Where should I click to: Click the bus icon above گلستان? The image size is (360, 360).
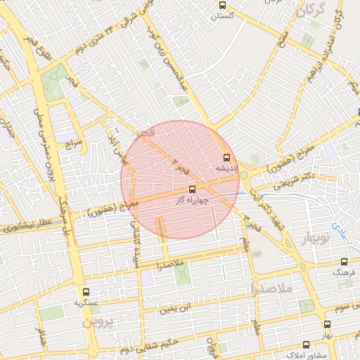click(223, 4)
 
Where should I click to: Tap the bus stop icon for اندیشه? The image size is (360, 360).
click(226, 158)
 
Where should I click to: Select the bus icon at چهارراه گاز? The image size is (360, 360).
click(193, 190)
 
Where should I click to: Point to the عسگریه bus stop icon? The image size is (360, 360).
click(86, 292)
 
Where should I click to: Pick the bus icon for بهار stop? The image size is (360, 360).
click(327, 324)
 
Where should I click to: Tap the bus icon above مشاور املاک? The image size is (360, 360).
click(305, 345)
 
